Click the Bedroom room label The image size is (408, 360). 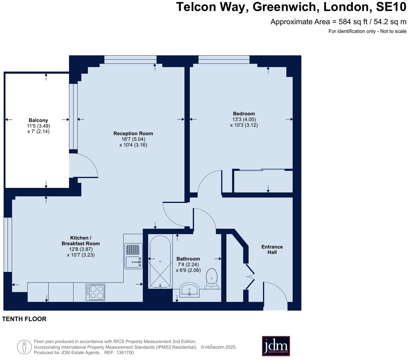(x=244, y=114)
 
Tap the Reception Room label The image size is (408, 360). (x=133, y=134)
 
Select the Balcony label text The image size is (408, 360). (x=38, y=120)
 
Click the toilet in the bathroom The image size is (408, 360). (x=212, y=278)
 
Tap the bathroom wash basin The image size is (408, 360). (x=190, y=290)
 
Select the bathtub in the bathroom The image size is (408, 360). (x=160, y=262)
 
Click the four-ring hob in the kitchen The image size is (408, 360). (x=95, y=292)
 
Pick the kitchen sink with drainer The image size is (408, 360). (x=133, y=256)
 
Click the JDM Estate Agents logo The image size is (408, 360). (x=276, y=346)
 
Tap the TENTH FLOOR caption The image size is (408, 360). (x=24, y=319)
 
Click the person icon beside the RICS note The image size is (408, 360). (x=24, y=347)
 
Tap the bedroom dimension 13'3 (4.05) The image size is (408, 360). (x=244, y=119)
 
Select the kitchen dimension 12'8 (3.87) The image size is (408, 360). (x=81, y=249)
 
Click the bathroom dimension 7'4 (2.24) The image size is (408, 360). (x=188, y=265)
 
